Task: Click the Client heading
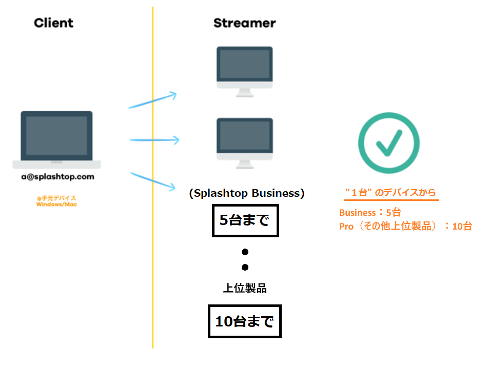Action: click(53, 23)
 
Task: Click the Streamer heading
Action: click(244, 23)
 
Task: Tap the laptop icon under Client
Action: click(56, 139)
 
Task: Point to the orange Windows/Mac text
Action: click(56, 204)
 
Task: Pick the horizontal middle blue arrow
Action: click(154, 139)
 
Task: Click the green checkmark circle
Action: click(388, 142)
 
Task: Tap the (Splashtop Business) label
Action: click(247, 193)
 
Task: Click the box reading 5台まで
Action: click(245, 221)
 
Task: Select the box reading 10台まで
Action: click(244, 322)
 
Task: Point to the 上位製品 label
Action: click(245, 288)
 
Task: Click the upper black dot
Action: click(245, 252)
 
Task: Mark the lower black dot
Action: click(245, 267)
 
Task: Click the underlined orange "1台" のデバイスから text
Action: click(391, 193)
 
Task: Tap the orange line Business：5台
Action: click(369, 213)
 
